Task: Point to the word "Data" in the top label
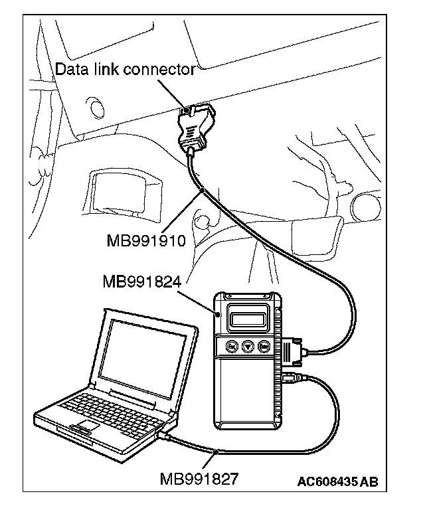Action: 70,69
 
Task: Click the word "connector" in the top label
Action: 161,69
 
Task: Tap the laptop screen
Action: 145,351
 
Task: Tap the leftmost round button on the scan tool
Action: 232,346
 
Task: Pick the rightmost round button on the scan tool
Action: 264,346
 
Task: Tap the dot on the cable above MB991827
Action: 219,451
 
